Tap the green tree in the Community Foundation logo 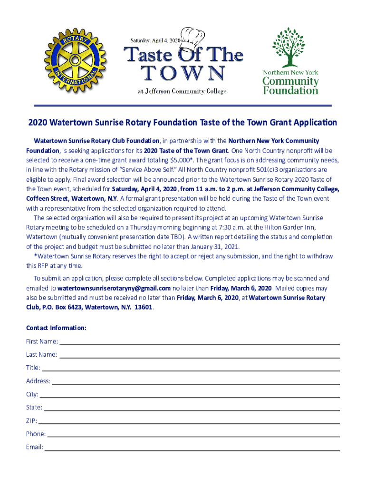(x=290, y=47)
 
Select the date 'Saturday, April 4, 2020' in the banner (x=152, y=40)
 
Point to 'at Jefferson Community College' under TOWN (x=182, y=91)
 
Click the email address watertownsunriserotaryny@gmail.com (x=114, y=288)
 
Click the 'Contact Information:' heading (x=56, y=328)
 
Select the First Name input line (x=200, y=342)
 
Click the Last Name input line (x=200, y=356)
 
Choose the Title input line (x=190, y=369)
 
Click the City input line (x=190, y=396)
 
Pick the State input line (x=192, y=409)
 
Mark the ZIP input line (x=189, y=422)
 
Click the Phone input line (x=194, y=435)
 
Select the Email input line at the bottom (x=193, y=448)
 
